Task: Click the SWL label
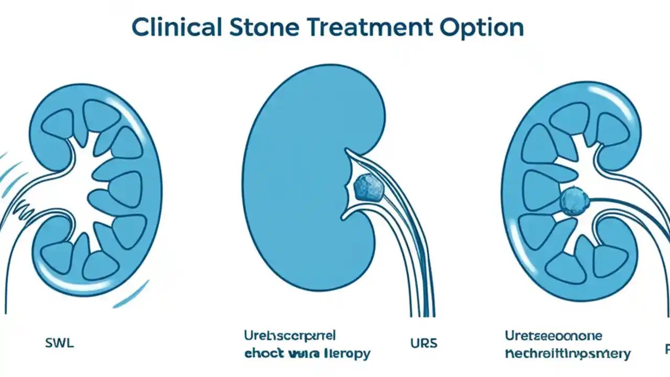pos(60,344)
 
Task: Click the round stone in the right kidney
pos(575,201)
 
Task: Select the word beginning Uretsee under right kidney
pos(553,336)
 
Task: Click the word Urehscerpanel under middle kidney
pos(290,335)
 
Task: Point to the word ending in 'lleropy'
pos(345,353)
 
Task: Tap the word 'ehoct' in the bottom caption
pos(263,353)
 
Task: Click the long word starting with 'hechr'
pos(567,354)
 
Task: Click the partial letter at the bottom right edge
pos(667,349)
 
